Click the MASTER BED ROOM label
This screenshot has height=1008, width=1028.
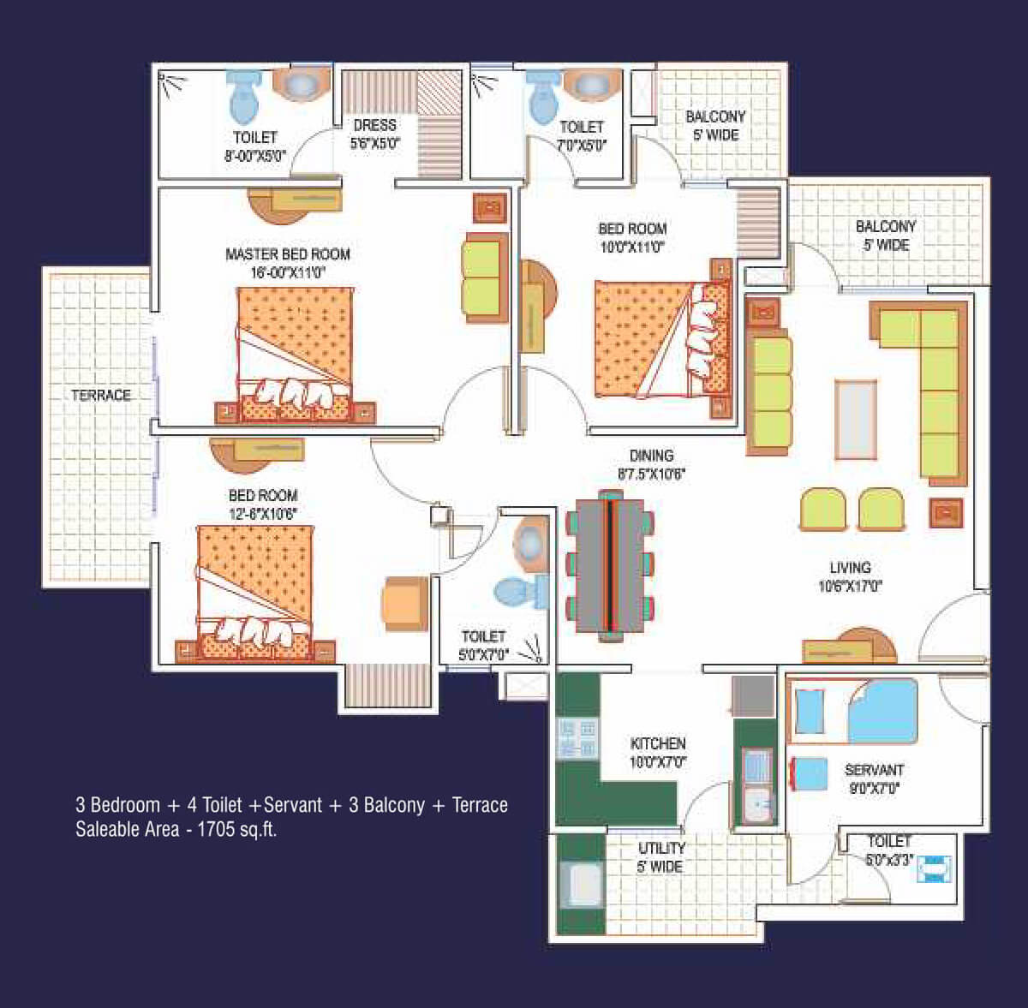pos(288,254)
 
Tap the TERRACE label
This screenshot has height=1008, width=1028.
pos(101,395)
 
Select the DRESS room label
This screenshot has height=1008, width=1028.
pos(375,125)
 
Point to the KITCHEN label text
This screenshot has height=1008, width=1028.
pos(658,743)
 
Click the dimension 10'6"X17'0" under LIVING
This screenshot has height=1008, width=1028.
pos(851,586)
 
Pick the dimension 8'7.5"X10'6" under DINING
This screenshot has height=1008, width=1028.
pos(651,474)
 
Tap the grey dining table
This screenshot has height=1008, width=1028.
pos(610,566)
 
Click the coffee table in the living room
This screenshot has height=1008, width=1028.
pos(856,419)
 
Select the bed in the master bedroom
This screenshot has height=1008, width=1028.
pos(295,355)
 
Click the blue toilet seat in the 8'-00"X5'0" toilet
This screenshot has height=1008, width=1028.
pos(244,99)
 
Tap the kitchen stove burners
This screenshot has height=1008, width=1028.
pos(577,739)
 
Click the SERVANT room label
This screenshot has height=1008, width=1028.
pos(875,770)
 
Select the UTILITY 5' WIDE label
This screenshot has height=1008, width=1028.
pos(660,857)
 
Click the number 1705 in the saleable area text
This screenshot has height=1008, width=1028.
pos(216,829)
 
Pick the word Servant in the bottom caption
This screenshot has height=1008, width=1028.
pos(293,804)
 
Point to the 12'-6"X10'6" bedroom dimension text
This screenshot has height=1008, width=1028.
pos(263,514)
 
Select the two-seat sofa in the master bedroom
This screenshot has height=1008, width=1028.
pos(484,277)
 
